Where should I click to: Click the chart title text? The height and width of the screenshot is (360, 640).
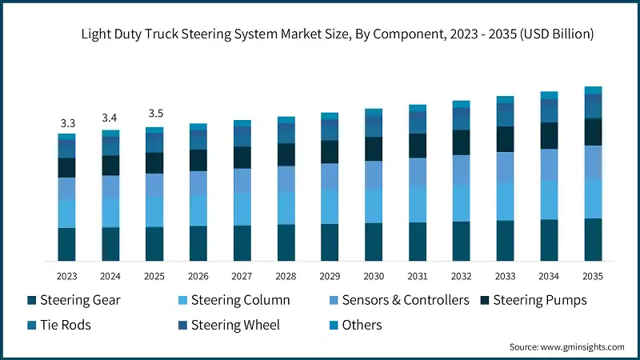(337, 34)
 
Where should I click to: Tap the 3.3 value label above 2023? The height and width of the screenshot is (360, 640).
(67, 123)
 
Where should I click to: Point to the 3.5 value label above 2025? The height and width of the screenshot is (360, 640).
(155, 114)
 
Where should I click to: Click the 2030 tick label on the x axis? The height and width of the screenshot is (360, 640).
(374, 276)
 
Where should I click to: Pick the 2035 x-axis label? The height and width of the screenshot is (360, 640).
(593, 276)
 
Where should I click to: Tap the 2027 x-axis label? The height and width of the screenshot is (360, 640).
(242, 276)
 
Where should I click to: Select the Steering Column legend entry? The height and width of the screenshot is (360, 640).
(231, 301)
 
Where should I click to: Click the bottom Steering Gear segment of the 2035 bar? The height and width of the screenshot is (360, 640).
(593, 240)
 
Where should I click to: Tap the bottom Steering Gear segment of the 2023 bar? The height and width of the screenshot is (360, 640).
(67, 245)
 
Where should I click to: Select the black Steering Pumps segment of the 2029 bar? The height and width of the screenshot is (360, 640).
(330, 152)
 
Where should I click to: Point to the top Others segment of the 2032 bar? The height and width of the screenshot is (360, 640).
(462, 104)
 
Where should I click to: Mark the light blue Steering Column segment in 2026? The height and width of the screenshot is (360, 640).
(198, 210)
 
